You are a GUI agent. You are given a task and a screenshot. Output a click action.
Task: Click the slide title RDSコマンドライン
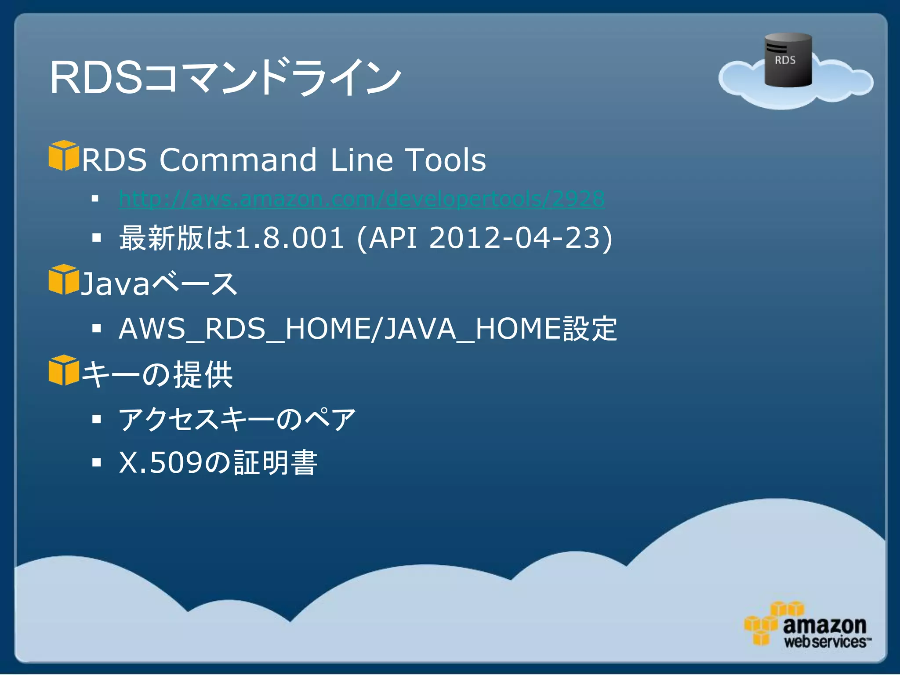point(225,77)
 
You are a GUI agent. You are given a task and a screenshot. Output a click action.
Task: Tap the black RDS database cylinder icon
point(787,60)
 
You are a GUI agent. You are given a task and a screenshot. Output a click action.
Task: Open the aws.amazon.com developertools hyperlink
point(362,199)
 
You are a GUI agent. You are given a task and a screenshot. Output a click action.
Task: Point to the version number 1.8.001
point(290,238)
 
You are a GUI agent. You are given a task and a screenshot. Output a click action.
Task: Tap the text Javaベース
point(159,284)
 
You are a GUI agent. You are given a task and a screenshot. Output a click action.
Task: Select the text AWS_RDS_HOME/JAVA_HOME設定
point(368,329)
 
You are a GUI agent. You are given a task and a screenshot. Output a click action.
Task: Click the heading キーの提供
point(157,374)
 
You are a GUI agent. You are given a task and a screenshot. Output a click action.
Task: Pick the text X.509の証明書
point(218,463)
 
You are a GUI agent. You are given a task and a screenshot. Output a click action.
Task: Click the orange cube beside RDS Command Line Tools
point(64,156)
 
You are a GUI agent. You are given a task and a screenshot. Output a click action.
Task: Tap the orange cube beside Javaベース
point(64,279)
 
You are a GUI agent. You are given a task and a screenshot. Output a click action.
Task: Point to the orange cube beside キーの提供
point(64,370)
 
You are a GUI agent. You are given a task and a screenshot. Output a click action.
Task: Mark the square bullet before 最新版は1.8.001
point(97,238)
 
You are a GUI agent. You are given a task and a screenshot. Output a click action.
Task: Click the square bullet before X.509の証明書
point(97,462)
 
